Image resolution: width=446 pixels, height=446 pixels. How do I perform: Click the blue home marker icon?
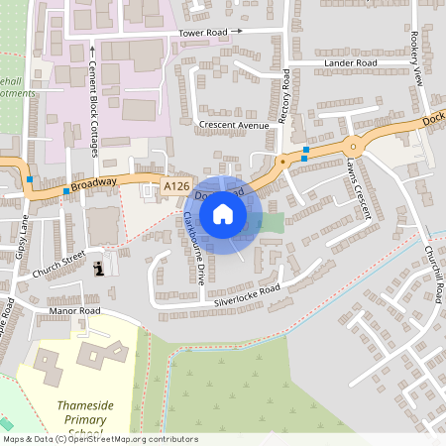click(x=223, y=213)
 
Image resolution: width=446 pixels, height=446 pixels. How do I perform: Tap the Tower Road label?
click(x=203, y=33)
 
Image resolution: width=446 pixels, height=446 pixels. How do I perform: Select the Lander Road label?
click(x=351, y=63)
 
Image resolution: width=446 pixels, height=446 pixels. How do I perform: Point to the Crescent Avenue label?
click(x=234, y=126)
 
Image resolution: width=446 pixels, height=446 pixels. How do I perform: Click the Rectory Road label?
click(x=283, y=96)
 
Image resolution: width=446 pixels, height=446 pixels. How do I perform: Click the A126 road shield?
click(x=176, y=185)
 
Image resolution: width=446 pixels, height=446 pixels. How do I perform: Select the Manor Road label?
click(x=75, y=311)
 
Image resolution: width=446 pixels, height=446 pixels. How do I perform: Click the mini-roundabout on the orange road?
click(x=352, y=147)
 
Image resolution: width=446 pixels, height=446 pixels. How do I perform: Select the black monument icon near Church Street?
click(x=98, y=269)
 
